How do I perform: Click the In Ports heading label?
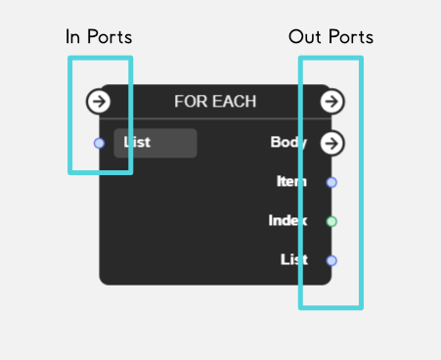point(99,37)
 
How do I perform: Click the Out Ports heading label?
point(331,37)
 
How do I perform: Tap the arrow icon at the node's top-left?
point(99,101)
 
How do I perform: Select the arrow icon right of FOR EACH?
point(331,101)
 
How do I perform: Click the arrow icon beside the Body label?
point(331,143)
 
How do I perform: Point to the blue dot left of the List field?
point(99,143)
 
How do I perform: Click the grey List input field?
point(155,143)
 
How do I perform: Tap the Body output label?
point(288,143)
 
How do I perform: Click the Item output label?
point(292,182)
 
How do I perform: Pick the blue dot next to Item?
point(331,182)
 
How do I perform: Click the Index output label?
point(288,221)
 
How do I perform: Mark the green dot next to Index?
point(331,221)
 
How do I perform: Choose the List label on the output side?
point(294,260)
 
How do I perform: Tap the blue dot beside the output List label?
point(331,260)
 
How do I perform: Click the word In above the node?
point(73,37)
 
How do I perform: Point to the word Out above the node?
point(305,37)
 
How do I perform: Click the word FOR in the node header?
point(188,101)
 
